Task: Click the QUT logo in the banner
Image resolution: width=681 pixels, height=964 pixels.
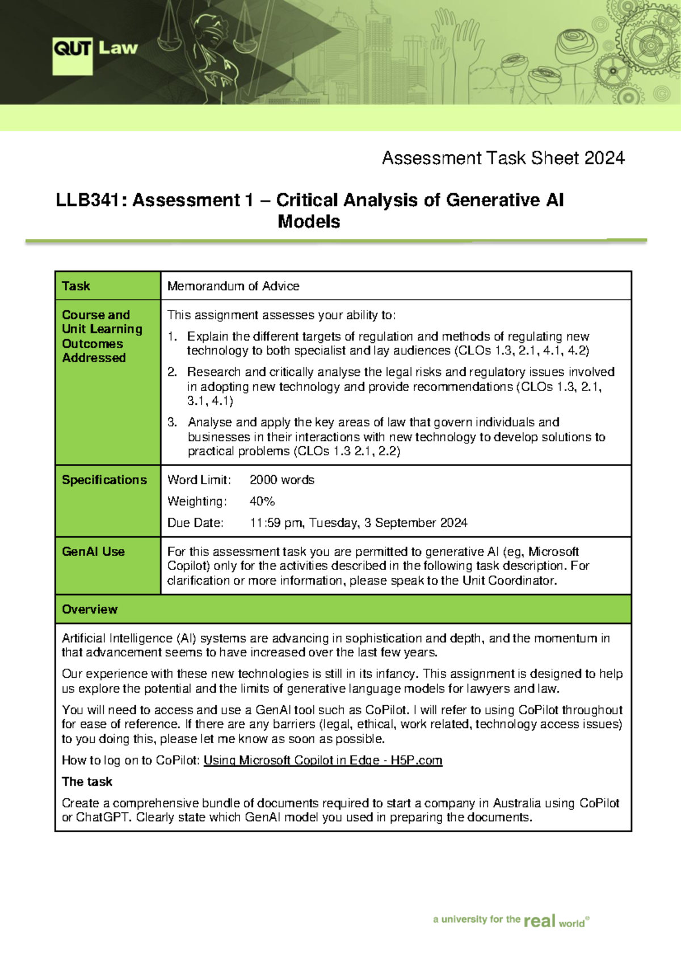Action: (72, 55)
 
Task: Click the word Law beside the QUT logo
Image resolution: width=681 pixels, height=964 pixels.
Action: (118, 48)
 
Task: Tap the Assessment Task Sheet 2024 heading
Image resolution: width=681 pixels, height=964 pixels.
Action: (503, 158)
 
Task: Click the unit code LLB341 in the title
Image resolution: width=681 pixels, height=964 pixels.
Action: (87, 200)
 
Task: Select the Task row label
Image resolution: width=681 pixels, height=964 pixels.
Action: (76, 286)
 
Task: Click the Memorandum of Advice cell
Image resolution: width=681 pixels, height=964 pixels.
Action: (233, 286)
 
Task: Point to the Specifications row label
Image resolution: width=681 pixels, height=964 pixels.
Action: (104, 480)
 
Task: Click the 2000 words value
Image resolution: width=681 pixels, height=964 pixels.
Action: (282, 480)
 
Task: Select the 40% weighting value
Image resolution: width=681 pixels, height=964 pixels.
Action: (262, 501)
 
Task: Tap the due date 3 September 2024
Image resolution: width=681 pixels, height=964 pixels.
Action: (415, 523)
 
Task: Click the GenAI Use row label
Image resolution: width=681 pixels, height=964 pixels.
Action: (93, 551)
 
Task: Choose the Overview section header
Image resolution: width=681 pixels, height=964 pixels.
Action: (90, 609)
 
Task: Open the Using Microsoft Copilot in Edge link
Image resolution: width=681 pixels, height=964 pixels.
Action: (322, 760)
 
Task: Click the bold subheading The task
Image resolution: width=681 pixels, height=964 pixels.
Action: (87, 782)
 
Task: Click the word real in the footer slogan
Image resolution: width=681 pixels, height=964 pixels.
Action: (539, 920)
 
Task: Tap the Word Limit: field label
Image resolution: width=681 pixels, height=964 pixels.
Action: (199, 480)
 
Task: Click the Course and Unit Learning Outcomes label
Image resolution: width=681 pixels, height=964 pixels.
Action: (102, 336)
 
